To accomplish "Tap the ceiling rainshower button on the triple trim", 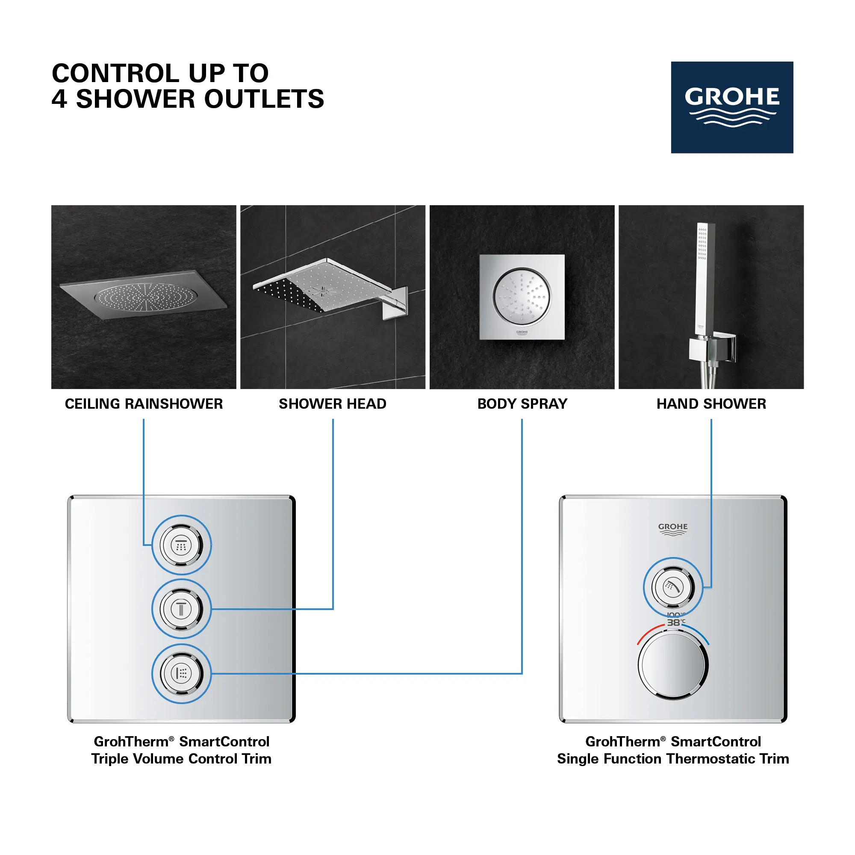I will click(181, 545).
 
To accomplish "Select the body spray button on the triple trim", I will click(181, 674).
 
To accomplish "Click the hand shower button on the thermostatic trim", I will click(672, 587).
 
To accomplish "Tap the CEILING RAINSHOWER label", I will click(144, 404).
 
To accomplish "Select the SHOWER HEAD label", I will click(332, 404).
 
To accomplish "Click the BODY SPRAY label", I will click(522, 404).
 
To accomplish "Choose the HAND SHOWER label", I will click(711, 404).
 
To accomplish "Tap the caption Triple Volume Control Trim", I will click(181, 758).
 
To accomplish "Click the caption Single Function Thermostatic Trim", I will click(672, 758).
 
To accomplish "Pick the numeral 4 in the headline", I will click(60, 99).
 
